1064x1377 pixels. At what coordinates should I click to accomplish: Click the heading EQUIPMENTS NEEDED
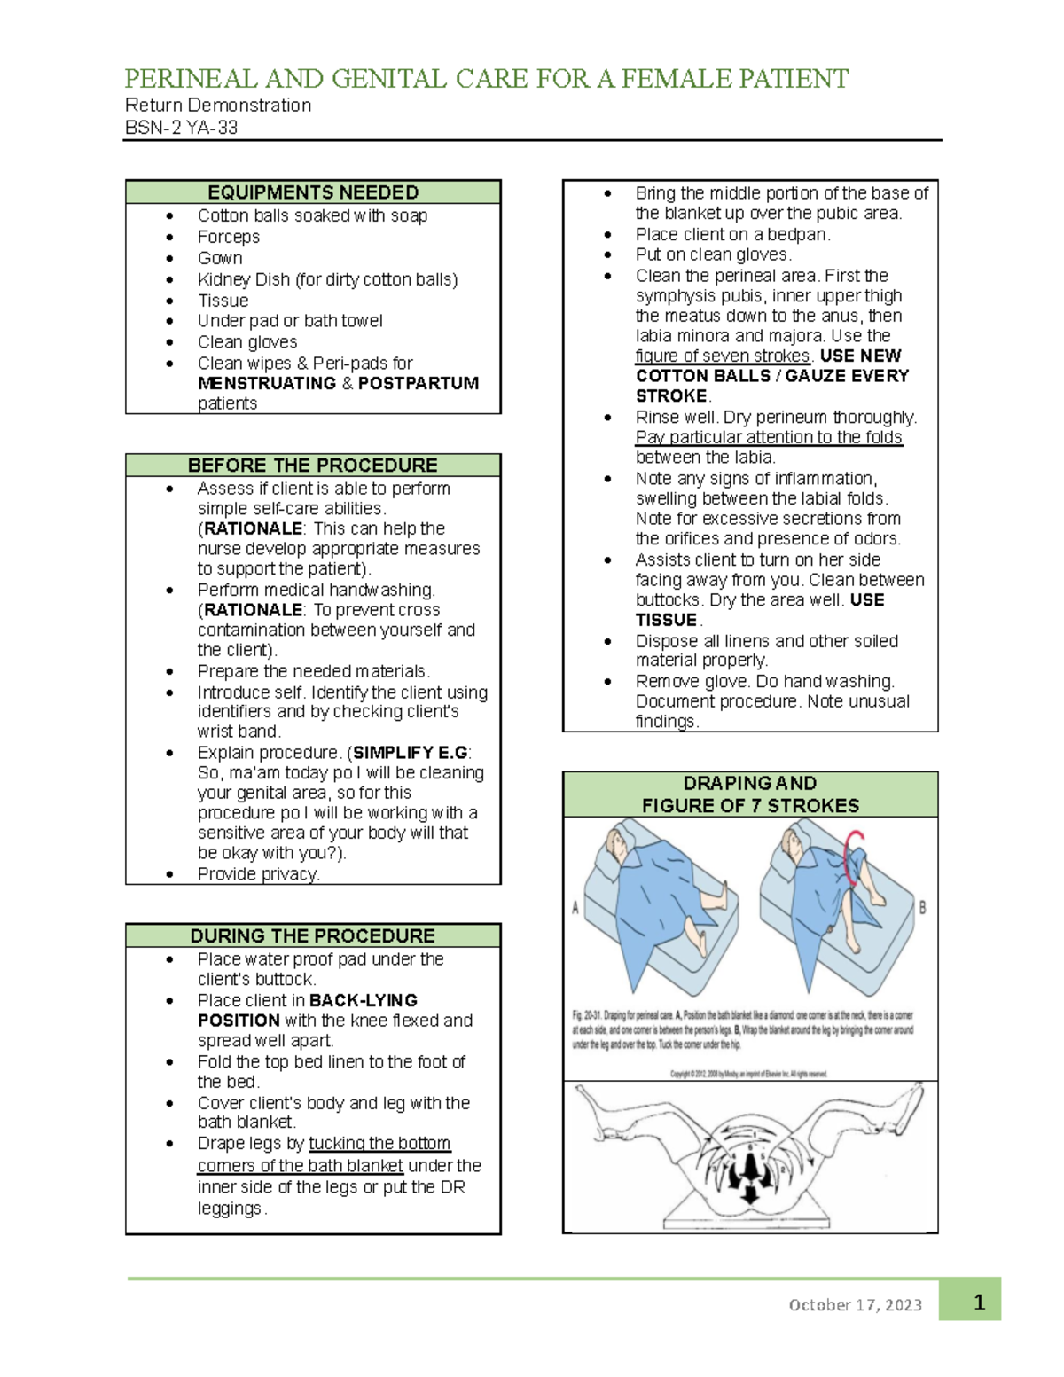pos(312,192)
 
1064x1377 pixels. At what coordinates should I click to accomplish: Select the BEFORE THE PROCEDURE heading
pos(312,466)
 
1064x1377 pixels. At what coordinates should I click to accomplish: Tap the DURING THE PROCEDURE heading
pos(312,936)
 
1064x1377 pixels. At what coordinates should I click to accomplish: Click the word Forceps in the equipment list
pos(229,237)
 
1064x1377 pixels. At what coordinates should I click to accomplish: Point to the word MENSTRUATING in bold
pos(267,383)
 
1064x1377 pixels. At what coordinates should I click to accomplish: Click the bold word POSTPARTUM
pos(419,383)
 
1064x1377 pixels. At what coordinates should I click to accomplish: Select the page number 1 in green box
pos(979,1302)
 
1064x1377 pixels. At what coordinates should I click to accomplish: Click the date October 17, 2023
pos(855,1305)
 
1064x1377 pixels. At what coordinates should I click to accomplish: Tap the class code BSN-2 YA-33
pos(181,128)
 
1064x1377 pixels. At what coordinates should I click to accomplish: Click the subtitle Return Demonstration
pos(218,106)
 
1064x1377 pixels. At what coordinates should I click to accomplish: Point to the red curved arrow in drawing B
pos(852,857)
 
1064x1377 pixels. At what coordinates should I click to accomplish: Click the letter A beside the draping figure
pos(575,908)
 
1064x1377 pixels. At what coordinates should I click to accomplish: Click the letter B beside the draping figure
pos(922,908)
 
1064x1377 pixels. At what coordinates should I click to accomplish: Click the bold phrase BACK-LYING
pos(364,1000)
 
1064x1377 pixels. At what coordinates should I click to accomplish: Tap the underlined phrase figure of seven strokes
pos(723,356)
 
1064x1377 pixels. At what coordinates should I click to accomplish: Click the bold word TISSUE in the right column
pos(666,620)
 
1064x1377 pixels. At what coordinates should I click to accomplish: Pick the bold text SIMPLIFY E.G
pos(410,753)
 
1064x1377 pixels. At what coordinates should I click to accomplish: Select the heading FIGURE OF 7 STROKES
pos(750,806)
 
